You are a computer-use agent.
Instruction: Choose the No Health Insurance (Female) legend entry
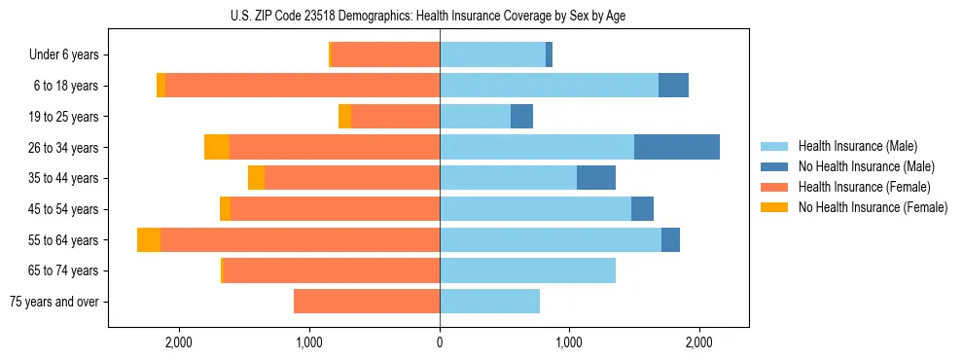(873, 207)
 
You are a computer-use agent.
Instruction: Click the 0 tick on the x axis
(440, 342)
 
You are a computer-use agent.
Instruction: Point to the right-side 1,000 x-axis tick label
(569, 342)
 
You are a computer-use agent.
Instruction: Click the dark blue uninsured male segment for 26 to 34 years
(677, 147)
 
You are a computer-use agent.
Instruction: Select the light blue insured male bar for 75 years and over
(489, 302)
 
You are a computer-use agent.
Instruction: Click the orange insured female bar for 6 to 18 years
(303, 86)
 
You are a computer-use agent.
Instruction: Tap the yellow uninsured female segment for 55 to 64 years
(149, 240)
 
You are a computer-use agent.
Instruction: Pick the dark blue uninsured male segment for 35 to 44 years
(596, 178)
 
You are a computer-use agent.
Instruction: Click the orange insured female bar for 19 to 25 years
(395, 117)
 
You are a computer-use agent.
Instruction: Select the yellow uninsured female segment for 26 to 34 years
(217, 147)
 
